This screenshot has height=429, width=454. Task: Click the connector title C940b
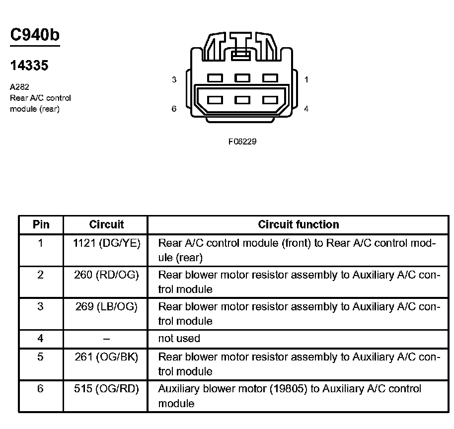tap(35, 35)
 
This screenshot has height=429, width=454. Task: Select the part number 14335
tap(29, 66)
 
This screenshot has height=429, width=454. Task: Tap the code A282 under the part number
tap(19, 87)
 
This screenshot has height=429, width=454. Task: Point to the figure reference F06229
tap(242, 142)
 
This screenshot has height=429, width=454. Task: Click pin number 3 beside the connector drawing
tap(174, 79)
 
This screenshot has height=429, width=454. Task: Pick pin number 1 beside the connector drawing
tap(306, 79)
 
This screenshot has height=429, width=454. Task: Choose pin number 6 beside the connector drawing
tap(174, 109)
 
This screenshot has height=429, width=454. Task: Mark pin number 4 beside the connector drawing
tap(306, 109)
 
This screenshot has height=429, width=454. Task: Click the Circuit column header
tap(106, 224)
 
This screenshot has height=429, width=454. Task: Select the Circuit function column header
tap(299, 224)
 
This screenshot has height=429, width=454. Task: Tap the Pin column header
tap(41, 224)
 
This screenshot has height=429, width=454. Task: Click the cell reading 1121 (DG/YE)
tap(106, 243)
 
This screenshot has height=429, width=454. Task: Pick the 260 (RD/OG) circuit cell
tap(106, 275)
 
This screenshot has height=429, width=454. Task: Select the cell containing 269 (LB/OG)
tap(106, 307)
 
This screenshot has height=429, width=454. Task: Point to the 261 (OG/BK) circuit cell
tap(106, 357)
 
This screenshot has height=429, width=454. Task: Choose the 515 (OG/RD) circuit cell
tap(106, 389)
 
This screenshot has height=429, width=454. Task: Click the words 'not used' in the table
tap(179, 339)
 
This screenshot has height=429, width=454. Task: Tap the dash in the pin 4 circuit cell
tap(106, 339)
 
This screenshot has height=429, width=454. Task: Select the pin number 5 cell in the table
tap(41, 357)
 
